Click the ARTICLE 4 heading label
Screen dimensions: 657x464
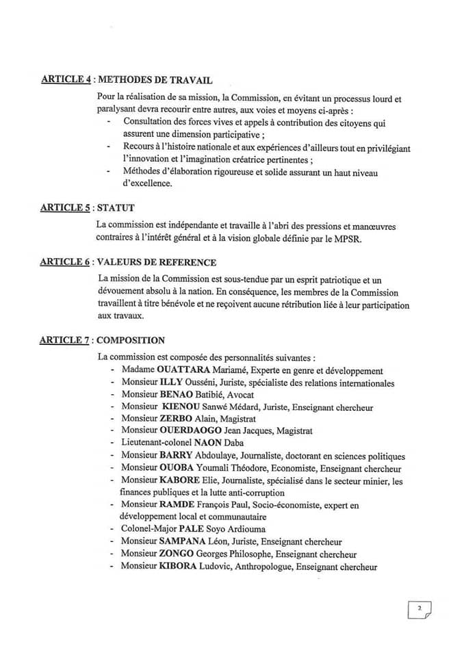pyautogui.click(x=66, y=79)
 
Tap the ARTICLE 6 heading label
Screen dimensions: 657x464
pyautogui.click(x=66, y=262)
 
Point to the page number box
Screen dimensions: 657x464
pyautogui.click(x=419, y=608)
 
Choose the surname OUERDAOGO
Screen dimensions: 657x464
pyautogui.click(x=190, y=431)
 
